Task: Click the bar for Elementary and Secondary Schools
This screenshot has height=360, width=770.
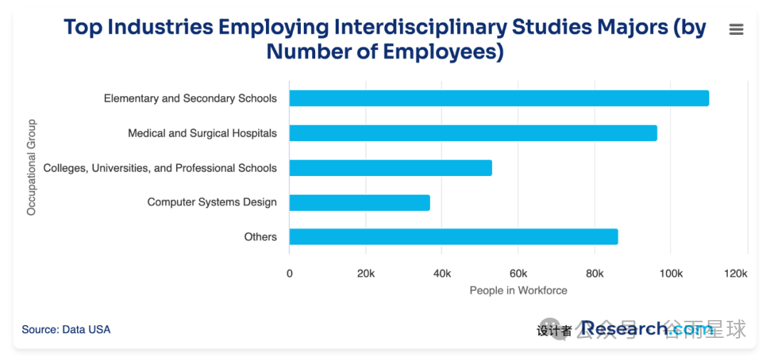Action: (499, 98)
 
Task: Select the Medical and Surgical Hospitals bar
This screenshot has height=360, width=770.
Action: (473, 133)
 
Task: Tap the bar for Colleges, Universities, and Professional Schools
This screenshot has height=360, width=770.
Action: (391, 168)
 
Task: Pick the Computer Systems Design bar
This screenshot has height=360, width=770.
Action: (359, 202)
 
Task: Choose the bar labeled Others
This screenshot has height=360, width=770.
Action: (453, 237)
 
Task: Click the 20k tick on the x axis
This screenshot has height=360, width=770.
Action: (366, 274)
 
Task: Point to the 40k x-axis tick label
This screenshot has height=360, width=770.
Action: (442, 274)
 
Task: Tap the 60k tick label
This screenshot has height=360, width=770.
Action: (518, 274)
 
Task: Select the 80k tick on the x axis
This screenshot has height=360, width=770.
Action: (595, 274)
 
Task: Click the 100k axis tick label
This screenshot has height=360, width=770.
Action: (670, 274)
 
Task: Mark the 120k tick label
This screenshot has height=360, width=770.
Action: (735, 274)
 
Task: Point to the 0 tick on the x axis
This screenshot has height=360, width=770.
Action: (289, 274)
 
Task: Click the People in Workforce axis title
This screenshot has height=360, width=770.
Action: (518, 291)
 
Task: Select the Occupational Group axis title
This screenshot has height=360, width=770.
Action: (31, 168)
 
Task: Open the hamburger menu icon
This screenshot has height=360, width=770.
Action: (736, 29)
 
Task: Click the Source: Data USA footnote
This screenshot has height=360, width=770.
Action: (66, 329)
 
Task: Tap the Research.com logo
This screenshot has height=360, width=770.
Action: (645, 329)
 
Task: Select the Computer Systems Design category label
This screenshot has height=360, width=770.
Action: (212, 202)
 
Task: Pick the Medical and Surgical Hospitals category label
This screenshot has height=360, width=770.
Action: (202, 133)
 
